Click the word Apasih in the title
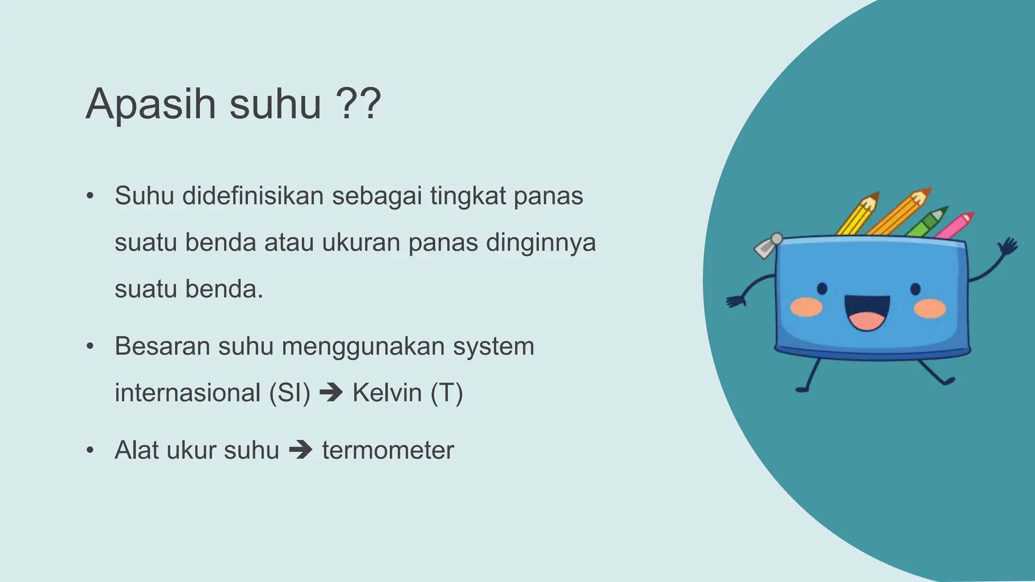tap(151, 105)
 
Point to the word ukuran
tap(361, 243)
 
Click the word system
tap(493, 347)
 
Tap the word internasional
tap(187, 393)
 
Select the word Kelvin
tap(387, 393)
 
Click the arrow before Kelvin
tap(331, 393)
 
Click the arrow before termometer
tap(301, 450)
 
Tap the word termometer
tap(388, 450)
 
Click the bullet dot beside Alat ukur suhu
tap(90, 450)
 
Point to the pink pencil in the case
tap(955, 225)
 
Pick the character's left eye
tap(822, 288)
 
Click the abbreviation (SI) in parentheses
tap(290, 393)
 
